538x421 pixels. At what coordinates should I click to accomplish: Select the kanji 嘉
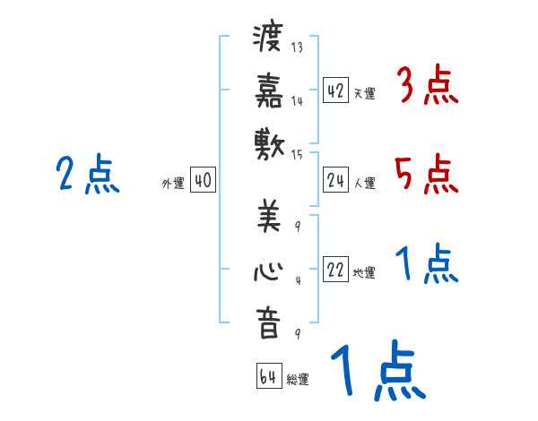(267, 90)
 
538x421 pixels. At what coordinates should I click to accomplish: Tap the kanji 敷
(267, 141)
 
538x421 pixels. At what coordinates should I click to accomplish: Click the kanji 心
(267, 269)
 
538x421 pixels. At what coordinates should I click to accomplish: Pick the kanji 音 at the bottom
(267, 322)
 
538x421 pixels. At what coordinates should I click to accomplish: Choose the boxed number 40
(203, 181)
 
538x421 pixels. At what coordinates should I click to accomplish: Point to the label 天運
(364, 93)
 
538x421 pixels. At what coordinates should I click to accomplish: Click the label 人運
(364, 183)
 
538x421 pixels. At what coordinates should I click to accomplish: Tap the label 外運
(173, 184)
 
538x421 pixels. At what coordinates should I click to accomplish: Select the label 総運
(298, 379)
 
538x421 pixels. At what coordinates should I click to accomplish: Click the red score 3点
(427, 87)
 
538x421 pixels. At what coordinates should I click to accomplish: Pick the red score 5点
(427, 174)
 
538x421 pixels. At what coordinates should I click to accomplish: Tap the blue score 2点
(87, 174)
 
